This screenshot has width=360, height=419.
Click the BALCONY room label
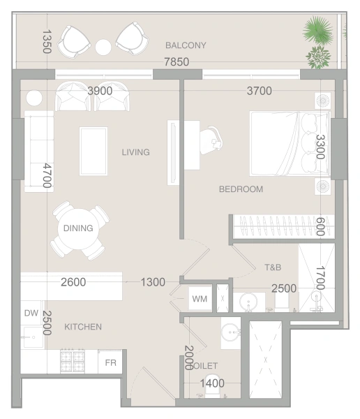[186, 46]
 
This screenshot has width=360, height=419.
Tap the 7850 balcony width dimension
[177, 62]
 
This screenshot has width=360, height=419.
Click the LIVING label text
[135, 152]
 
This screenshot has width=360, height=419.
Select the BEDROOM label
[241, 189]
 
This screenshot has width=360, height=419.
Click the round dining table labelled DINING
[78, 228]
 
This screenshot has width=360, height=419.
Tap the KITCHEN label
[83, 327]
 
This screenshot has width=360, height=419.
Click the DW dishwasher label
[31, 314]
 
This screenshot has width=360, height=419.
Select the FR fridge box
[110, 363]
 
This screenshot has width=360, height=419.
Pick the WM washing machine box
[200, 299]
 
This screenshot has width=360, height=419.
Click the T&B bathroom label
[273, 267]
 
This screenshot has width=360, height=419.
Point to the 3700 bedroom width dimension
[259, 90]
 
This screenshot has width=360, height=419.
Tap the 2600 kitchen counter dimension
[73, 282]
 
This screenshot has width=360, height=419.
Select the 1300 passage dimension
[153, 282]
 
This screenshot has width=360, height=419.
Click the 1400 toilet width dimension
[212, 382]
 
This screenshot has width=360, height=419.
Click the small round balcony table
[103, 47]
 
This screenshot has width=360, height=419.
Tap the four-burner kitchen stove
[72, 361]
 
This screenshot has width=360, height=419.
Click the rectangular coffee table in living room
[93, 152]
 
